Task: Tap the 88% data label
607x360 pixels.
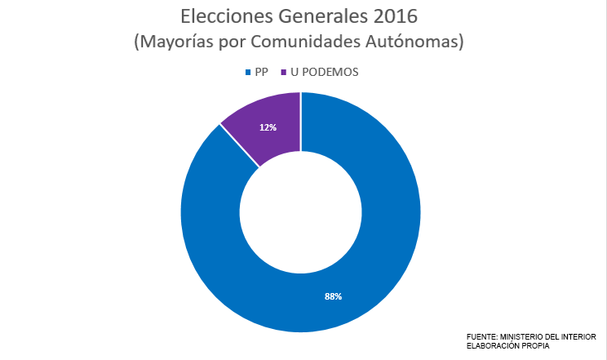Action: point(333,296)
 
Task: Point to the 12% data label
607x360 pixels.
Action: point(268,127)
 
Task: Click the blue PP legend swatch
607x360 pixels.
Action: point(248,73)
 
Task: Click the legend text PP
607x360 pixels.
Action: point(262,72)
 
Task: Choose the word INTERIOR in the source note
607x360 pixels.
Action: point(579,336)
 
